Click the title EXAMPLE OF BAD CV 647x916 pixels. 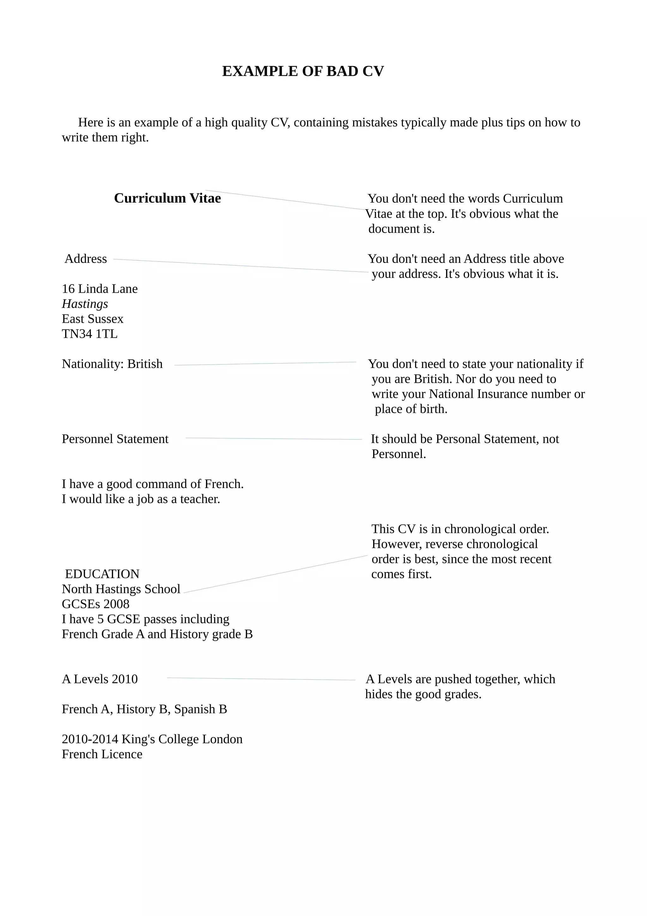(303, 71)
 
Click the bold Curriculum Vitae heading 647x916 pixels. (167, 198)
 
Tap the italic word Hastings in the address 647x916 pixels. (85, 304)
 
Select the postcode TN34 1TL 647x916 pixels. (90, 334)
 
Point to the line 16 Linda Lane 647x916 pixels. (100, 289)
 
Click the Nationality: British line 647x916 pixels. (112, 364)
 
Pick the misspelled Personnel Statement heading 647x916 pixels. (115, 439)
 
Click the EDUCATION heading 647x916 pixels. (102, 574)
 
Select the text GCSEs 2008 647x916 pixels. (96, 604)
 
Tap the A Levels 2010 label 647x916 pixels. (100, 679)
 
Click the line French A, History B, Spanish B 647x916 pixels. (144, 709)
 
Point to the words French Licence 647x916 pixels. (102, 754)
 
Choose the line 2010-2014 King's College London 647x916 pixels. (152, 739)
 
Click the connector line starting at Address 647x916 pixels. (241, 266)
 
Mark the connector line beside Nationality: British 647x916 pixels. (265, 363)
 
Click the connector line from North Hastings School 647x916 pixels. (275, 574)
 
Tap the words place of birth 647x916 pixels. (411, 409)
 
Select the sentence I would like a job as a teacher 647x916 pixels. (141, 499)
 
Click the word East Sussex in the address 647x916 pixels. (93, 319)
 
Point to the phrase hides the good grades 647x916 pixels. (423, 694)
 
